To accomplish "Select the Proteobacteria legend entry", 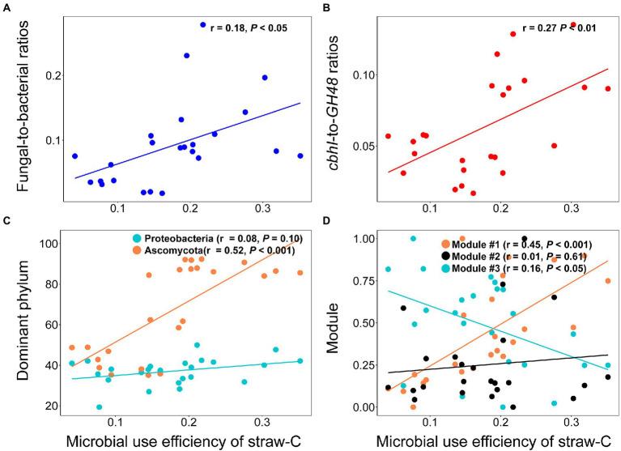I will [x=218, y=239].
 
